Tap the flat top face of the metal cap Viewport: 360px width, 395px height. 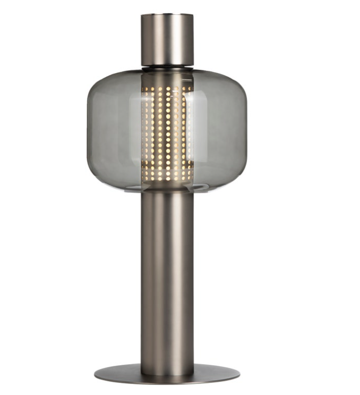[167, 16]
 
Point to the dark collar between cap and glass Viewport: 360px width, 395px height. [167, 68]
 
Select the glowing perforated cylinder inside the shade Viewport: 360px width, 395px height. [167, 130]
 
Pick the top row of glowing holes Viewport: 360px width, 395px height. [167, 88]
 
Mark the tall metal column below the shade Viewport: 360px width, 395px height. [167, 276]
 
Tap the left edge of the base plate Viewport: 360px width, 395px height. [97, 373]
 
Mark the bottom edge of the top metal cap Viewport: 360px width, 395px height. [167, 64]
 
